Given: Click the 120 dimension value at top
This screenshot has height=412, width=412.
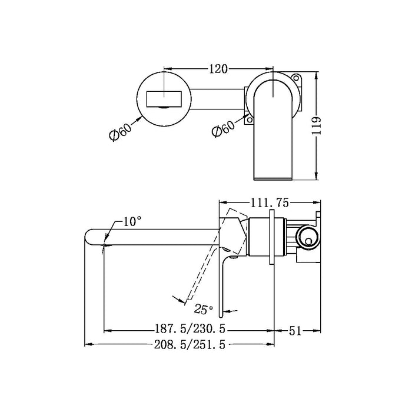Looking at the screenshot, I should coord(218,69).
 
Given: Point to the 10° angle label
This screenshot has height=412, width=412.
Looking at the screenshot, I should coord(133,222).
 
